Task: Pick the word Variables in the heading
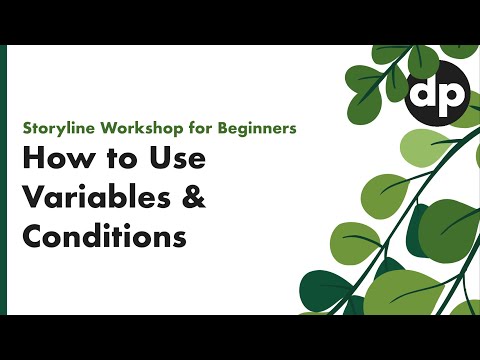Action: (x=95, y=199)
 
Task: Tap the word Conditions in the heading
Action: (x=104, y=237)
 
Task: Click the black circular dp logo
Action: (x=436, y=95)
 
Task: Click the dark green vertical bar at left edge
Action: (x=4, y=180)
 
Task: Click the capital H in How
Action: (x=33, y=161)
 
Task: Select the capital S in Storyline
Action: (x=27, y=129)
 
